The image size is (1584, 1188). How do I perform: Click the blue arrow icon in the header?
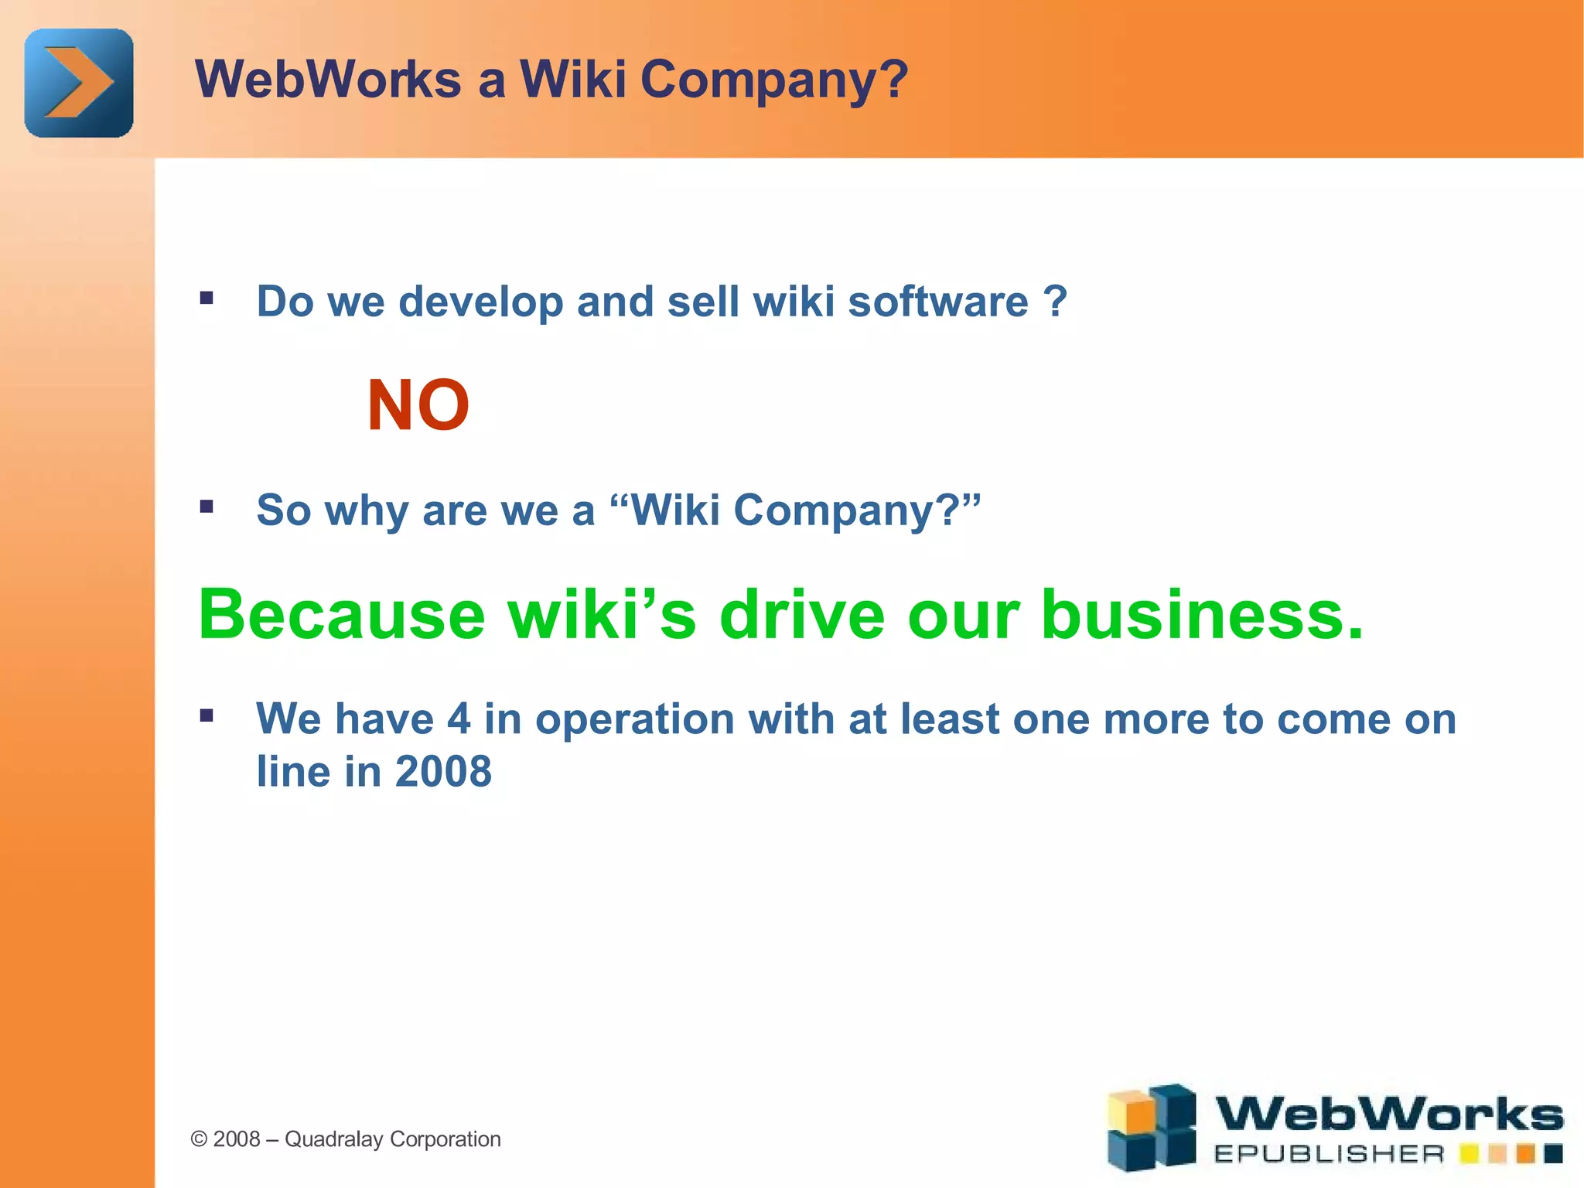point(79,83)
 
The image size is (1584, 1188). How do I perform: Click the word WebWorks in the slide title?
point(329,80)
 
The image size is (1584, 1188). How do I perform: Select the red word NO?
point(418,405)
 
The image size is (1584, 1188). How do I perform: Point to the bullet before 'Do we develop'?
point(207,299)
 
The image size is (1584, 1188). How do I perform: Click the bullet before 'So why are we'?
point(207,507)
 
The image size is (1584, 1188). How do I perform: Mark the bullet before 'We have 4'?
point(207,715)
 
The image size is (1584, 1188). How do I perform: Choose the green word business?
point(1202,615)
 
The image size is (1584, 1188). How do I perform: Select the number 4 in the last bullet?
point(459,719)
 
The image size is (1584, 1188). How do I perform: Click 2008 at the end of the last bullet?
point(443,772)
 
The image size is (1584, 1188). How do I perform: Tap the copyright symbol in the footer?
point(200,1139)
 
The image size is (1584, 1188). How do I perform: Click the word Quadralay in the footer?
point(333,1139)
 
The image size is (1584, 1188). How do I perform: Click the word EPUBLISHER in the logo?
point(1329,1155)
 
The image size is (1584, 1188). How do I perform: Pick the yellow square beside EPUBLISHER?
point(1468,1155)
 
